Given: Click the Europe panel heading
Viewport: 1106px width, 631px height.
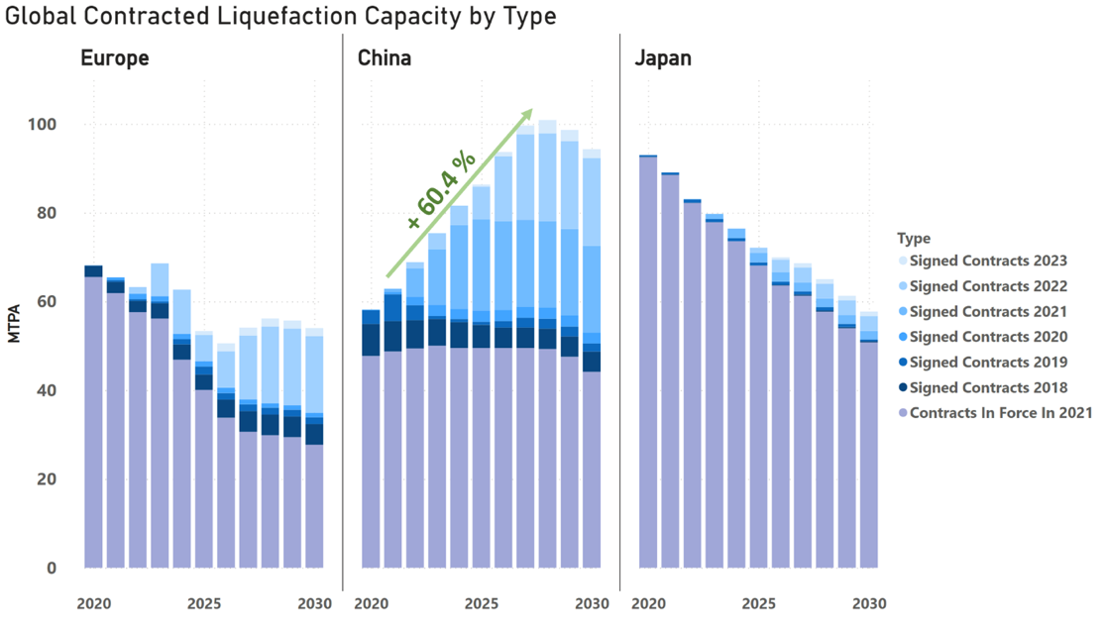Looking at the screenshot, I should point(114,58).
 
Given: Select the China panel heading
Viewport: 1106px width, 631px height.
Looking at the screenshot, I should point(385,58).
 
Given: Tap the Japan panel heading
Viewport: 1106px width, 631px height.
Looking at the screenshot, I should point(663,58).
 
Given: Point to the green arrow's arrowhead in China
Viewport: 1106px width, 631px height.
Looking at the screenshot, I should point(528,114).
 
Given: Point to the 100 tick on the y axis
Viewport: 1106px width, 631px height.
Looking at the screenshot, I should point(44,125).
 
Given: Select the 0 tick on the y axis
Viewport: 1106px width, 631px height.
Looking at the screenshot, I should point(53,569).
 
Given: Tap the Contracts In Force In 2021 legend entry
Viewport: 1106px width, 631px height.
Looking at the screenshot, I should point(1000,413).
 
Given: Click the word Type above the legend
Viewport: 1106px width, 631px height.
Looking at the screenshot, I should point(913,239).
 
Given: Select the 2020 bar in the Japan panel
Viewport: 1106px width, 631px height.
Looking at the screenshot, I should point(648,362).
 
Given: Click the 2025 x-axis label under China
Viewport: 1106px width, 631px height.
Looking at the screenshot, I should point(482,603).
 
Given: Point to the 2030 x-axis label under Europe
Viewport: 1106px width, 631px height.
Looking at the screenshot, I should point(315,603).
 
